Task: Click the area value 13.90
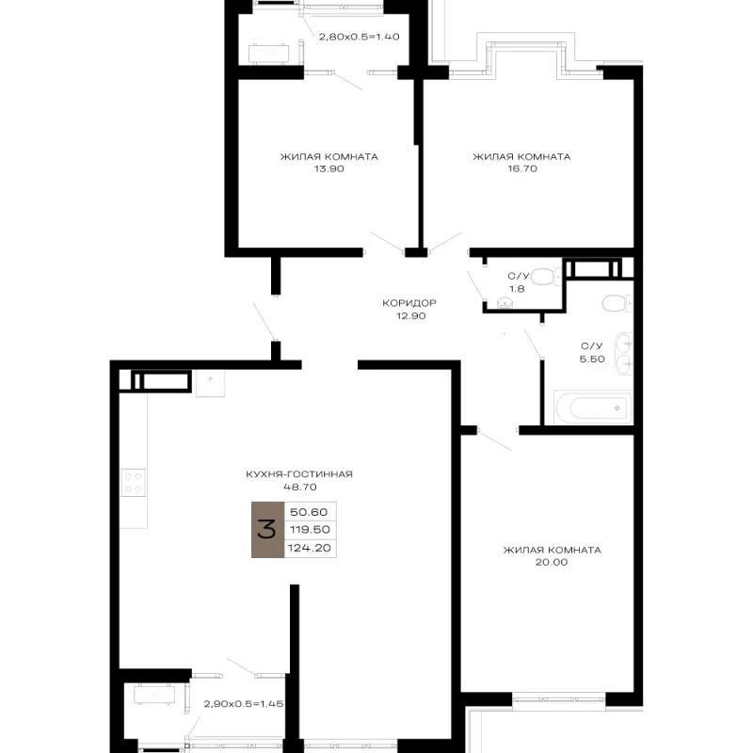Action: click(328, 168)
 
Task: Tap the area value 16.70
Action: click(522, 168)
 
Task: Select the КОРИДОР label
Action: click(409, 303)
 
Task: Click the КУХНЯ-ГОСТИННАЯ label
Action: click(299, 474)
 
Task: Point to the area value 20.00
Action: click(552, 562)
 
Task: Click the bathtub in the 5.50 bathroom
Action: click(593, 408)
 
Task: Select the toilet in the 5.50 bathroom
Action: click(617, 303)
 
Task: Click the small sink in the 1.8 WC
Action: click(504, 303)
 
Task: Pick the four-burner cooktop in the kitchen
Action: click(134, 483)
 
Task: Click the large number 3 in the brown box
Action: click(267, 530)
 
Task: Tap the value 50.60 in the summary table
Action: click(309, 512)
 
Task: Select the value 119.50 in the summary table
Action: click(310, 530)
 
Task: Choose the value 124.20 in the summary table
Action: click(310, 548)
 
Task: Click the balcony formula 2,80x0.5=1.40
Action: click(360, 37)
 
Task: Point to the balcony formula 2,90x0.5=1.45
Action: click(244, 704)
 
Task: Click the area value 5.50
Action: click(592, 360)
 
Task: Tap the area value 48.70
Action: click(300, 487)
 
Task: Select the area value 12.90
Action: click(411, 316)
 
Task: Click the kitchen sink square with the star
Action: click(210, 383)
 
